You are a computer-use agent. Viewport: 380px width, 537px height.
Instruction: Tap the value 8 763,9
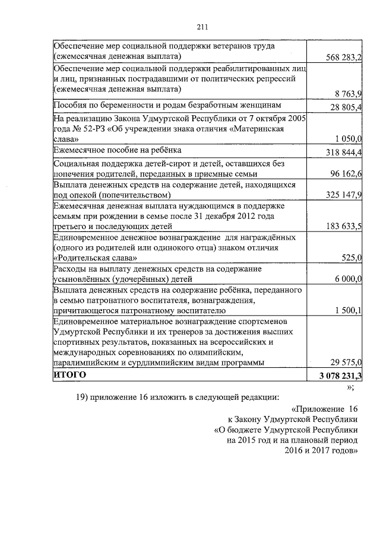click(x=349, y=93)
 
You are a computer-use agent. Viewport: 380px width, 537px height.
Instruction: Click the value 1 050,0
click(x=349, y=139)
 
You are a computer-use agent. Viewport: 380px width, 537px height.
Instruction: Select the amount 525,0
click(x=352, y=258)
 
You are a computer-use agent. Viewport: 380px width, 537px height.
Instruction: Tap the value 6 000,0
click(x=349, y=278)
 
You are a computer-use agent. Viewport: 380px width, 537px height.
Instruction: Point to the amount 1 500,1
click(x=349, y=310)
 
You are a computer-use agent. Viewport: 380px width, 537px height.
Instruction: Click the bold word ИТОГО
click(x=69, y=376)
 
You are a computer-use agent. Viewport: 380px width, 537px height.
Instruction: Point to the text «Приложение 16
click(x=325, y=410)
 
